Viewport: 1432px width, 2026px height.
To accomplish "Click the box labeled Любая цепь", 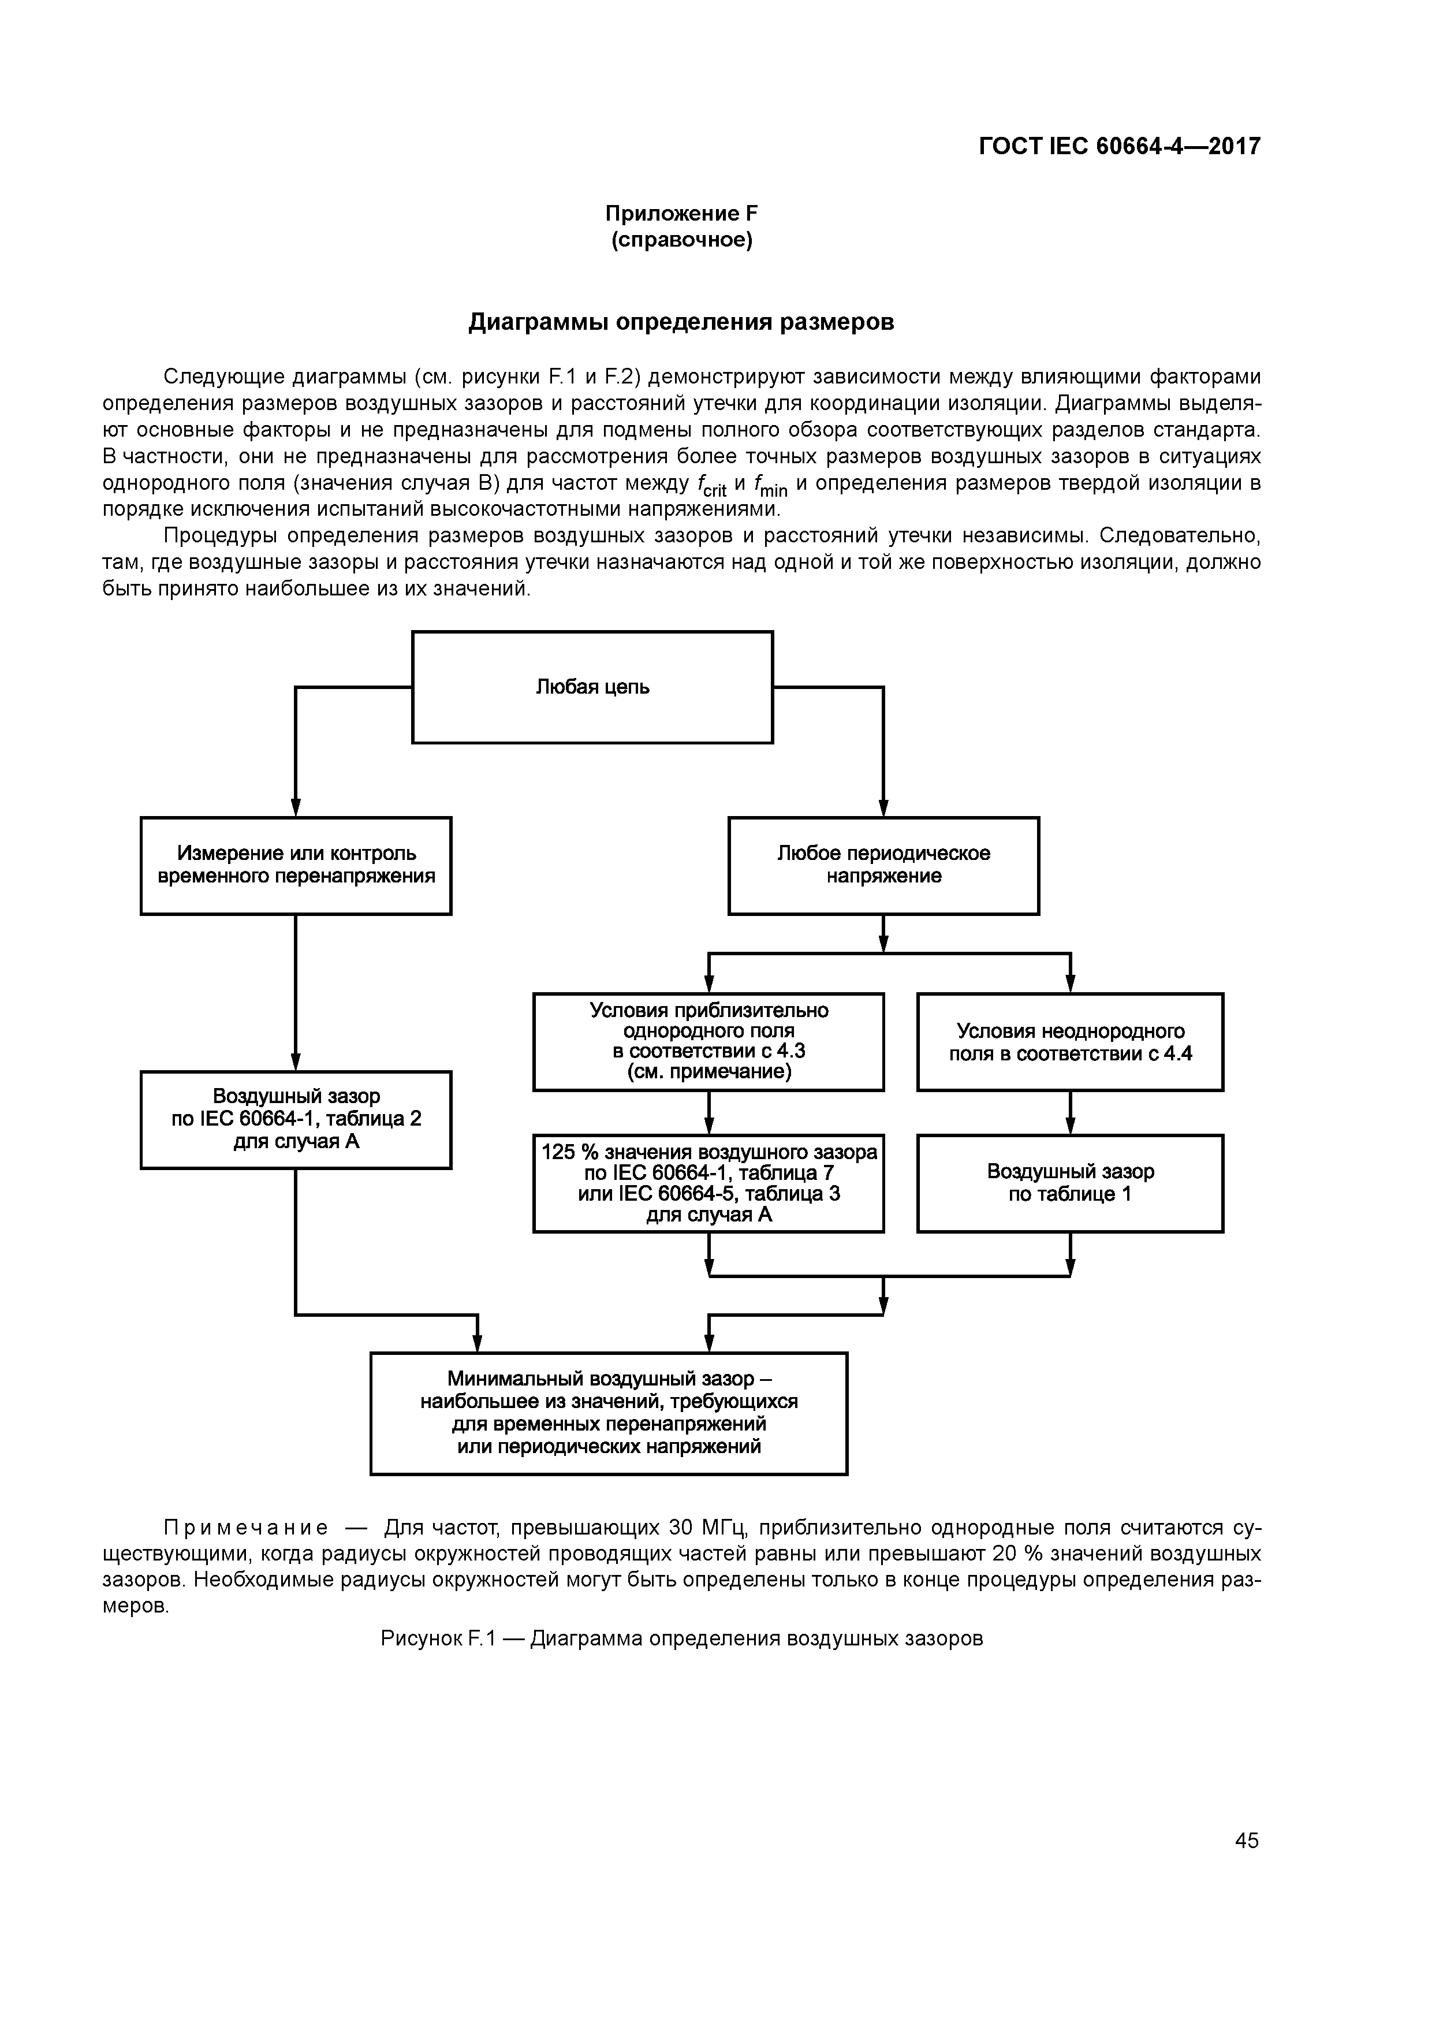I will coord(592,687).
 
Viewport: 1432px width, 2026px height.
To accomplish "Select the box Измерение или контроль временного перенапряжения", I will coord(296,865).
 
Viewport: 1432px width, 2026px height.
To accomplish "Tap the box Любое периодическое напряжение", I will coord(883,865).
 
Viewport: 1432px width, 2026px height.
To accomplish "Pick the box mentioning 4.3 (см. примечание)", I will coord(708,1041).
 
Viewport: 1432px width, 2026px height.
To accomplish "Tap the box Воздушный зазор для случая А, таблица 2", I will coord(296,1119).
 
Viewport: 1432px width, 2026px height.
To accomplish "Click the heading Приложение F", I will coord(681,214).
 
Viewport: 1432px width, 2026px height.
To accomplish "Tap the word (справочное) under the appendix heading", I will coord(681,240).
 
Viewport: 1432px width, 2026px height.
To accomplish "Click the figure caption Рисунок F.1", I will coord(681,1638).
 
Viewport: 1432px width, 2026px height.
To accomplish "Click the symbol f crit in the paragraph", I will coord(711,485).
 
